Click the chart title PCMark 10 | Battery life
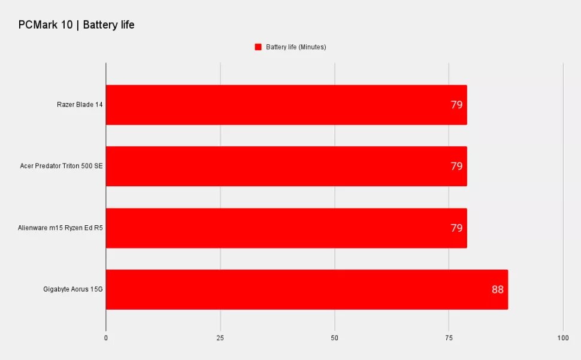click(76, 25)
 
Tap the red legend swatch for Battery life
click(258, 47)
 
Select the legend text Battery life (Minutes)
click(296, 47)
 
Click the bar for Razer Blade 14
click(286, 105)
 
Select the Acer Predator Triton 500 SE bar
click(286, 167)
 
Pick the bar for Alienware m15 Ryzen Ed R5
click(286, 228)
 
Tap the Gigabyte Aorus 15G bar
click(307, 290)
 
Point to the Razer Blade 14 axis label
click(80, 104)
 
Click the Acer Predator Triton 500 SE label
click(62, 166)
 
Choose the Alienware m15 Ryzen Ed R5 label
click(60, 228)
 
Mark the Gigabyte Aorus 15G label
click(73, 289)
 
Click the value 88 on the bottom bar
click(498, 289)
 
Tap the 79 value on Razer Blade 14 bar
click(456, 105)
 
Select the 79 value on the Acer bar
click(456, 166)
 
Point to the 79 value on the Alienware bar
click(456, 228)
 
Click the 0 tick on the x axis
click(106, 338)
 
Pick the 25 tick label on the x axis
click(220, 338)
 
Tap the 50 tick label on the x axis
click(335, 338)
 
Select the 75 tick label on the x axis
click(449, 338)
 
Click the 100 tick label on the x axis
click(563, 338)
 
